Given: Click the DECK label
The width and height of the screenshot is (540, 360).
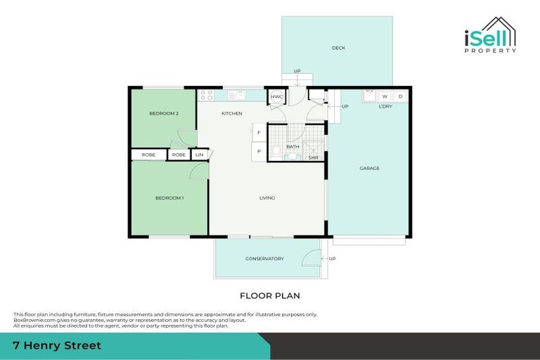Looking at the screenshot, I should [x=339, y=48].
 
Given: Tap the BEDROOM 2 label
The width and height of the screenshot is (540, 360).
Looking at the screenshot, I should [x=163, y=113].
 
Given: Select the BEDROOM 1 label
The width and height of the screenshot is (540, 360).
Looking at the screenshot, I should [x=169, y=198].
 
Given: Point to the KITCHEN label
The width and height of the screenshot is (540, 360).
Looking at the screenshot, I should [x=232, y=113].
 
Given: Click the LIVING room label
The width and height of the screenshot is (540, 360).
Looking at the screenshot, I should [x=267, y=198].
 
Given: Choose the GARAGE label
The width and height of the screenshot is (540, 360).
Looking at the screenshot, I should [x=370, y=168].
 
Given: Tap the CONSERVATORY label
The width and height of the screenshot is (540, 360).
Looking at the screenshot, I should [x=264, y=258].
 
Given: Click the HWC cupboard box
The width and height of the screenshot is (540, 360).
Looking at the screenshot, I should [x=277, y=96].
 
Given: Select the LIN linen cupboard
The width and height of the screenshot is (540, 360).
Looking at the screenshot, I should [x=200, y=155].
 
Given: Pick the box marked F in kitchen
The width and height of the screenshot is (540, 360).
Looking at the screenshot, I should [x=259, y=132].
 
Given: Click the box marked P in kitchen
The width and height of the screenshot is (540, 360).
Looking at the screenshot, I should [x=259, y=151].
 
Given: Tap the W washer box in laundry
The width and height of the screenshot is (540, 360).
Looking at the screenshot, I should [x=385, y=96].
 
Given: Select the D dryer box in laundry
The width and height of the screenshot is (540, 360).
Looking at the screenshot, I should [x=401, y=96].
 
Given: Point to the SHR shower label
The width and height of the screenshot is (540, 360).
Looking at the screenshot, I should [x=314, y=157].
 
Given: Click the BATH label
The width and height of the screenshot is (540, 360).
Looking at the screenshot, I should [x=292, y=146].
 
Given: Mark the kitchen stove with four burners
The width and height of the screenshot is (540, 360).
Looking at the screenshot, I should [x=206, y=95].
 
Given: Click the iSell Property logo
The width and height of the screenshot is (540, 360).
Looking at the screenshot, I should [x=491, y=34].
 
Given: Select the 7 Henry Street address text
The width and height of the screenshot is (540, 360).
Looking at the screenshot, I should [x=57, y=345].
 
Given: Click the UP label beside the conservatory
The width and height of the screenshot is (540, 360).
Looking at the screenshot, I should [x=332, y=258].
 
